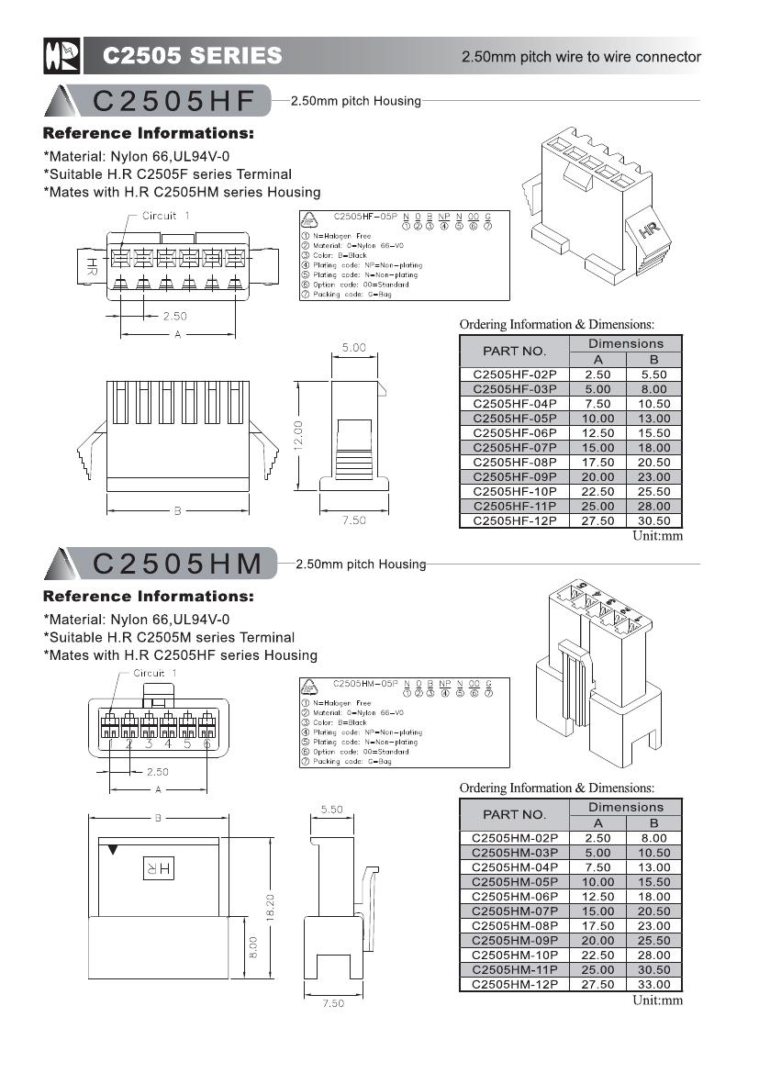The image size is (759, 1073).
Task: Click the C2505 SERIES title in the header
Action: click(192, 56)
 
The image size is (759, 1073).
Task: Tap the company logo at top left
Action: click(61, 56)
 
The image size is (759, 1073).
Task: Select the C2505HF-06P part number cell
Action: click(514, 432)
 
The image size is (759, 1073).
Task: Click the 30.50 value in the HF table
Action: click(653, 520)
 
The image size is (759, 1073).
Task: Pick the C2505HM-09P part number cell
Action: click(514, 940)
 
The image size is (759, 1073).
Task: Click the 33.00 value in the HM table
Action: click(653, 984)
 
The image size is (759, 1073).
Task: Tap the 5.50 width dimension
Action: click(331, 810)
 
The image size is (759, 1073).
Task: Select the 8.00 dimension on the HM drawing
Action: click(253, 944)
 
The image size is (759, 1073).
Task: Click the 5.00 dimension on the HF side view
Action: click(353, 348)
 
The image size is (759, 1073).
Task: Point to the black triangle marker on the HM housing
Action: click(112, 851)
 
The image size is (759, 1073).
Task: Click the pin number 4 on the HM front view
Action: click(168, 743)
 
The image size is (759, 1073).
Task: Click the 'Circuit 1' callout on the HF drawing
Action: click(165, 216)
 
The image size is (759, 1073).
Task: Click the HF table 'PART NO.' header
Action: click(514, 351)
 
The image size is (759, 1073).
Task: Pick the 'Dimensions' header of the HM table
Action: click(626, 807)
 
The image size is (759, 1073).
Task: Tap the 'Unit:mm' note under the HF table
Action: click(657, 536)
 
